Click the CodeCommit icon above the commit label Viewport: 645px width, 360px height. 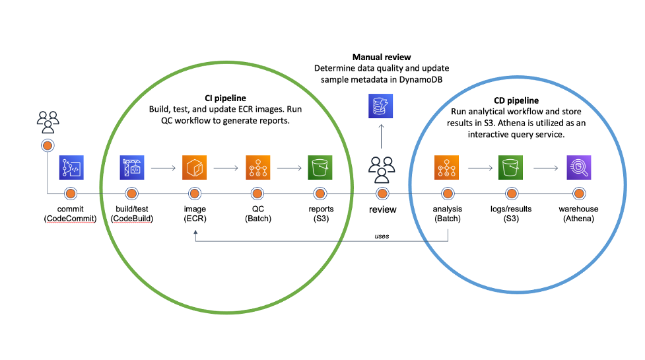click(x=72, y=168)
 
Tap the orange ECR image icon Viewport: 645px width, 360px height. click(x=195, y=168)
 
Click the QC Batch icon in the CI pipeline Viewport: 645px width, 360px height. click(x=258, y=168)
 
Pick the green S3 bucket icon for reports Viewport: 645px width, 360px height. click(x=321, y=168)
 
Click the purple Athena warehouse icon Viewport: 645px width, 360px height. click(x=579, y=168)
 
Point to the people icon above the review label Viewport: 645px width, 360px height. click(x=382, y=170)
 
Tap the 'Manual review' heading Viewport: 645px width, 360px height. click(x=381, y=57)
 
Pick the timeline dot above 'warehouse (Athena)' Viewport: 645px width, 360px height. click(x=580, y=194)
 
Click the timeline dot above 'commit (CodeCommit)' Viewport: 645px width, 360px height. click(x=71, y=194)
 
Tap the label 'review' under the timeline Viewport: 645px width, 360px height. click(x=382, y=209)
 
